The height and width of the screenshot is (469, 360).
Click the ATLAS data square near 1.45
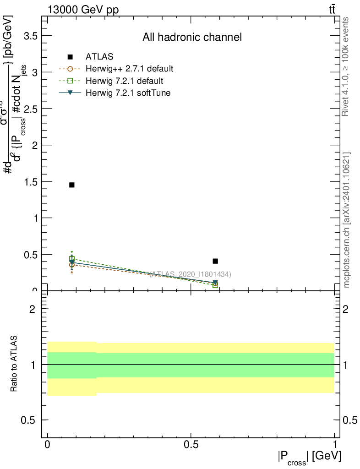click(71, 185)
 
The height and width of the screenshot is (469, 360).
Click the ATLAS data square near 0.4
click(215, 261)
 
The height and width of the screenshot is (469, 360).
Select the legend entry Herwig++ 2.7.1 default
click(129, 69)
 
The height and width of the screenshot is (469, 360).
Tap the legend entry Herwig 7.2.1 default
click(124, 81)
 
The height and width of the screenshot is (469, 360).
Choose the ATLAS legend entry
click(99, 57)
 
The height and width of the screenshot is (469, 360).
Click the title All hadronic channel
click(192, 37)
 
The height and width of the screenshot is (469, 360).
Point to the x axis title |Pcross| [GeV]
click(309, 457)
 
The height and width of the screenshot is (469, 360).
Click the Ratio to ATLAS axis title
click(14, 364)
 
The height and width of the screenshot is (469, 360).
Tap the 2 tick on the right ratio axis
click(349, 309)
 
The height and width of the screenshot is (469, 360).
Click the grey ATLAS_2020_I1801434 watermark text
click(190, 274)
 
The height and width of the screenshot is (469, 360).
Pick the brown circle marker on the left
click(71, 265)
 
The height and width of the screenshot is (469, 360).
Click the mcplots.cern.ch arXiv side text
click(347, 220)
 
